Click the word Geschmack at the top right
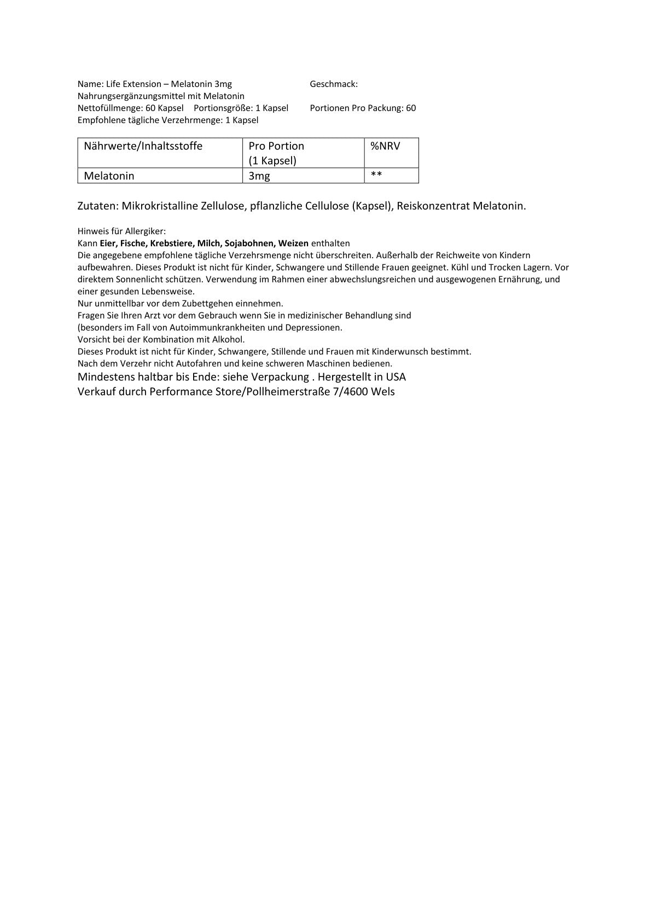click(x=333, y=84)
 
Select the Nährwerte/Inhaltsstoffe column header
click(x=143, y=146)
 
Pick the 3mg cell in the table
click(x=259, y=176)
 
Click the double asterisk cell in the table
click(x=376, y=175)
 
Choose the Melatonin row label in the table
click(x=109, y=176)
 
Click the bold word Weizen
click(x=293, y=243)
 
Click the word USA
click(x=395, y=377)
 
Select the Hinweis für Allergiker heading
click(x=121, y=231)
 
